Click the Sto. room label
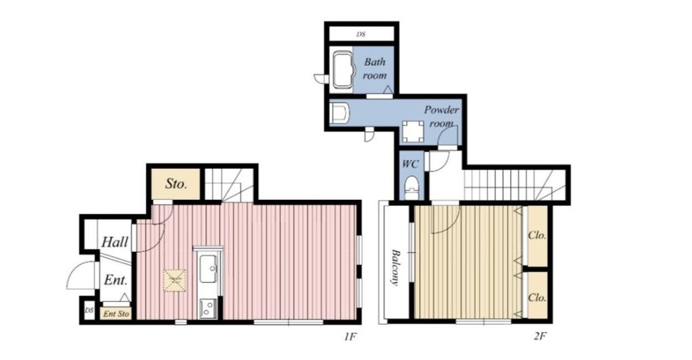coord(176,184)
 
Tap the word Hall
coord(115,242)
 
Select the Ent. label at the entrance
coord(116,280)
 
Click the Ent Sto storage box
coord(116,313)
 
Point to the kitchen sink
coord(207,268)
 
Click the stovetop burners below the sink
coord(207,308)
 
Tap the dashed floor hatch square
coord(174,280)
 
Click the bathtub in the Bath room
coord(342,70)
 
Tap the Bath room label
coord(374,68)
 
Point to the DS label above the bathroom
coord(361,34)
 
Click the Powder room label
coord(441,116)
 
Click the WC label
coord(410,163)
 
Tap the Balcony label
coord(396,267)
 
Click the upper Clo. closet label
coord(537,235)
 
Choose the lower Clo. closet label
coord(537,297)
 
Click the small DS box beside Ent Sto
coord(89,311)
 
